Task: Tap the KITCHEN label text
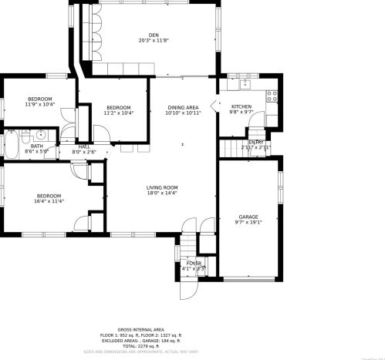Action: click(x=241, y=106)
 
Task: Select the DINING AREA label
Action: click(x=183, y=107)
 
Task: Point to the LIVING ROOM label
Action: click(x=163, y=187)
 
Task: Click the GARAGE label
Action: click(x=248, y=217)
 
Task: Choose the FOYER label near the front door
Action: click(x=194, y=264)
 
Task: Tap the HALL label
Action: click(x=83, y=146)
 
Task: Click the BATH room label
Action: click(x=37, y=146)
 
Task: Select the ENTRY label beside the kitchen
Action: click(x=256, y=142)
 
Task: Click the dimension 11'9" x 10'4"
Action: click(x=40, y=104)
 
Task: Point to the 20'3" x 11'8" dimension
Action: click(x=154, y=41)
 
